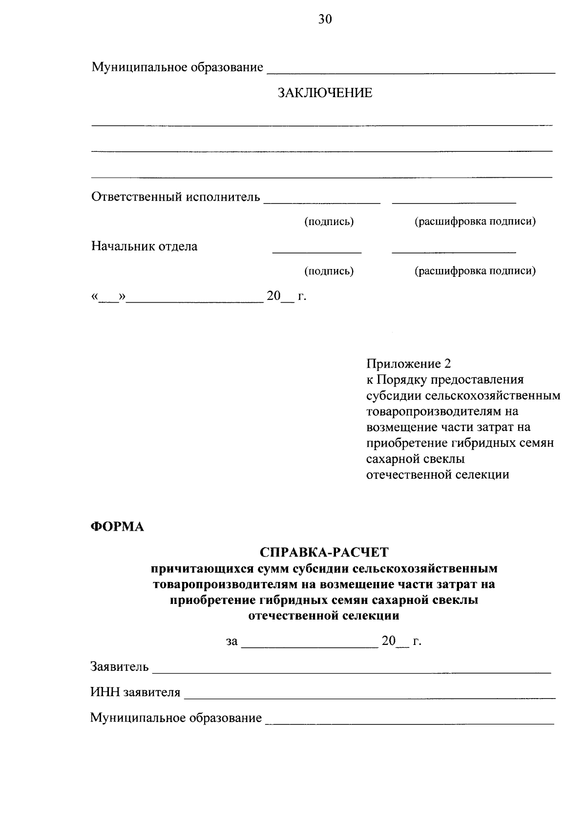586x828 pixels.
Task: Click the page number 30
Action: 325,20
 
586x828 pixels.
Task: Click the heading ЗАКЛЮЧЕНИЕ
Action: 325,93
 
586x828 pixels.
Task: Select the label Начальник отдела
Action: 145,246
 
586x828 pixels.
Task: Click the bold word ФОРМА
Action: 118,527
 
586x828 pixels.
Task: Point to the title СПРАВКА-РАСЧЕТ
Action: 324,552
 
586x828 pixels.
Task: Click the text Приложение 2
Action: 408,364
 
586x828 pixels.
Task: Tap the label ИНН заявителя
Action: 135,692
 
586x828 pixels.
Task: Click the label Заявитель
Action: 120,666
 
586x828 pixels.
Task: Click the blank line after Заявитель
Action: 352,673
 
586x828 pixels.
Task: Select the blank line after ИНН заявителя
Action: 369,698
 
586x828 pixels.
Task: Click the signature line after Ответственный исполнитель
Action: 322,203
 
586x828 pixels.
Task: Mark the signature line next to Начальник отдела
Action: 316,252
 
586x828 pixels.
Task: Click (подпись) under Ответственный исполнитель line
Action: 329,222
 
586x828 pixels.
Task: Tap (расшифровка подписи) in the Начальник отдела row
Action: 475,270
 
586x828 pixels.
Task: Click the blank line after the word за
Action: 310,647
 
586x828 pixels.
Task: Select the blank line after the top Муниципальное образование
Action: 410,73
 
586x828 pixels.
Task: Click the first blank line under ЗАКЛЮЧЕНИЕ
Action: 322,125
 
